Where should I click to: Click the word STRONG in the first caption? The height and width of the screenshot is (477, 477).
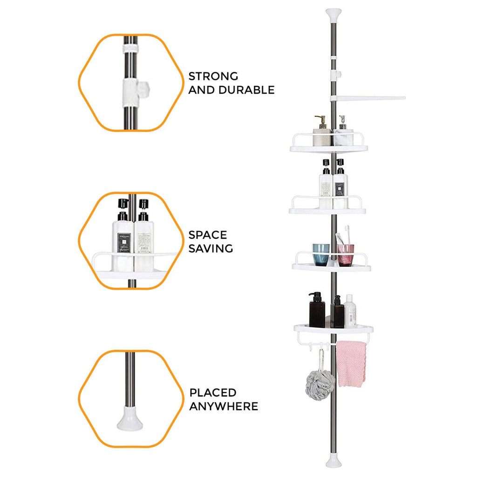point(213,76)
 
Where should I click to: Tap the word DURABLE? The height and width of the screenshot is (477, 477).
point(247,90)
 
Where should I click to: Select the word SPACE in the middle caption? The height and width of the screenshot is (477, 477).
point(208,235)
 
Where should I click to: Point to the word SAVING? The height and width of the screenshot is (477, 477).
point(211,249)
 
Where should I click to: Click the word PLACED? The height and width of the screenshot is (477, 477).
point(213,393)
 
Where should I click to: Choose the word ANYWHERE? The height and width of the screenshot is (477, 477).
point(224,406)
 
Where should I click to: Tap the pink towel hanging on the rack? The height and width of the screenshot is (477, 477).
point(351,364)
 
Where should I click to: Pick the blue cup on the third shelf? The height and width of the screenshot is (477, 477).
point(321,255)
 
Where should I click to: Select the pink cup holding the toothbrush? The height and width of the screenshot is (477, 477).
point(346,255)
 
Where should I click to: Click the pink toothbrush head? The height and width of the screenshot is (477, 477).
point(347,229)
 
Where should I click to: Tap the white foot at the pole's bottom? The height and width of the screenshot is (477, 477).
point(334,462)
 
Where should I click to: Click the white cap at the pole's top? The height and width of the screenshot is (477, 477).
point(334,15)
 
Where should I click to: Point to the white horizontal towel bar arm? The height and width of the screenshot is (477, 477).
point(368,98)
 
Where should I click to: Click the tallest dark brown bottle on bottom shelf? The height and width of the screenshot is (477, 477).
point(317,310)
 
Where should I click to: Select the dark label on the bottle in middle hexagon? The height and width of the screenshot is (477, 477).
point(124,242)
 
